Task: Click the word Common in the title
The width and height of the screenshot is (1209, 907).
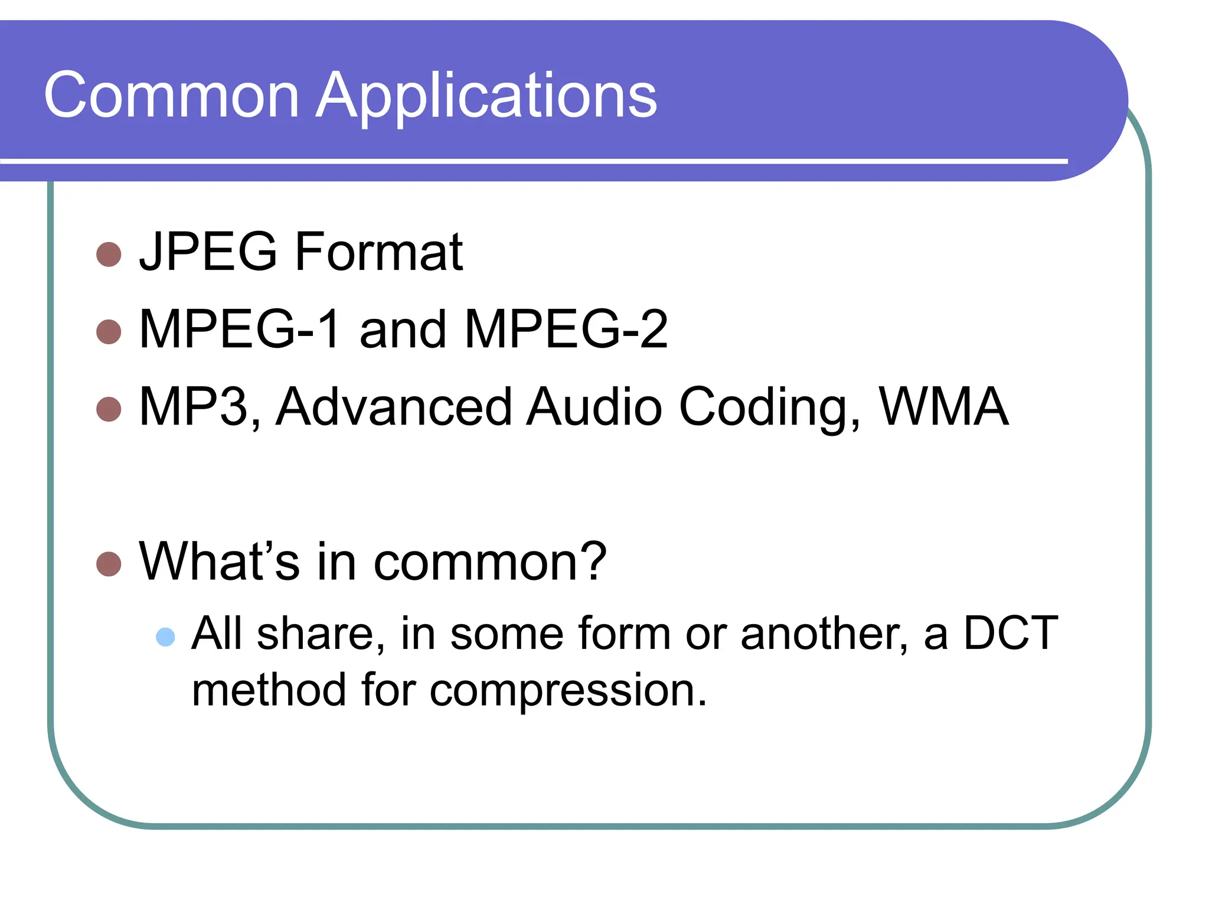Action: [x=171, y=95]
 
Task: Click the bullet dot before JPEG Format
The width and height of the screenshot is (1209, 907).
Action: [x=109, y=255]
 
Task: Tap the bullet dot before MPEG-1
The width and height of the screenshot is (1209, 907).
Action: [x=109, y=332]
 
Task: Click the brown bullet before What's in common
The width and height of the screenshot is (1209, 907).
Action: [x=109, y=564]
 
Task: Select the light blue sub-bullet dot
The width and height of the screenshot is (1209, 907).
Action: [x=165, y=637]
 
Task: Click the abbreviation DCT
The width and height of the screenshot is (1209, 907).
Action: [x=1011, y=633]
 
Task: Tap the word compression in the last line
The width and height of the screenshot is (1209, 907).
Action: [x=568, y=691]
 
